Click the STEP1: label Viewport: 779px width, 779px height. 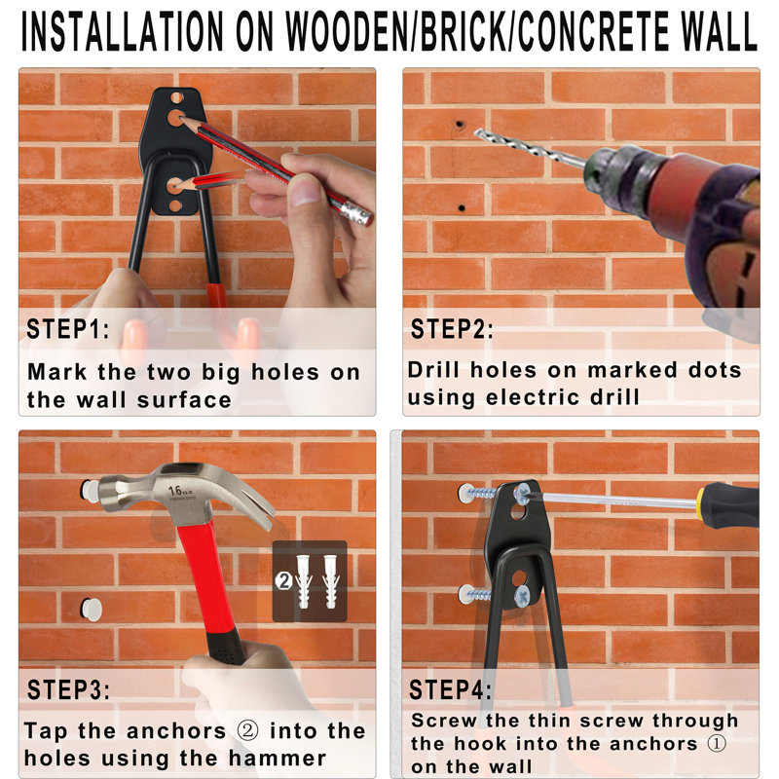68,329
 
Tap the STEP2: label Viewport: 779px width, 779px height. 452,329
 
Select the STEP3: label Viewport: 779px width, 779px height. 68,690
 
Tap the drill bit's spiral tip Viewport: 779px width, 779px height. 487,137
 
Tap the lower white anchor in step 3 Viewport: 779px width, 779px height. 91,610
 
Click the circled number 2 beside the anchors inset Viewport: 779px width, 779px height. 283,580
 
